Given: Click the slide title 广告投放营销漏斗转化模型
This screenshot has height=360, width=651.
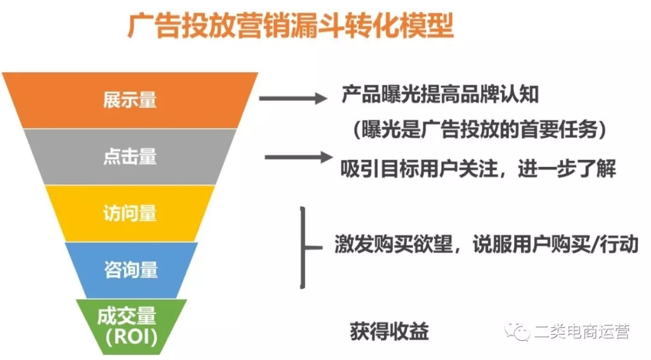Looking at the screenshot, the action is (x=290, y=26).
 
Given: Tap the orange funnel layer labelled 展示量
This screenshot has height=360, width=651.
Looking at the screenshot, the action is (x=130, y=100).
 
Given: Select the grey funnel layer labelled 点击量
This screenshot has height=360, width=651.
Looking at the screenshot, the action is (x=130, y=157).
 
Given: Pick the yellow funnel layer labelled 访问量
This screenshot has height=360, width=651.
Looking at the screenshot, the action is (x=130, y=213).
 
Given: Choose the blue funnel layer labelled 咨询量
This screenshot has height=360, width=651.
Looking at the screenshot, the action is (x=131, y=270).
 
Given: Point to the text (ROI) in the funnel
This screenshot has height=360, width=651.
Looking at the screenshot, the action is (x=131, y=336).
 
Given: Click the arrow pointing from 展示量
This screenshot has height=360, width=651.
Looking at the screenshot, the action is (x=293, y=98).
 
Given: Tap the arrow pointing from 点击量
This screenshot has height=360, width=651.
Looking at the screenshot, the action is (x=299, y=157).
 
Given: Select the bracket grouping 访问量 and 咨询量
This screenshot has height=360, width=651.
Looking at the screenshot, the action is (x=303, y=248).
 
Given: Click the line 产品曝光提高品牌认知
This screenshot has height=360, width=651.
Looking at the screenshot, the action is (x=440, y=95).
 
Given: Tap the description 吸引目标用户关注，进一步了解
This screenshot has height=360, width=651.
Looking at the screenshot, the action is (x=478, y=169).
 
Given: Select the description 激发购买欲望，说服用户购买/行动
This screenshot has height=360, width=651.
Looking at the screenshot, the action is (x=486, y=244).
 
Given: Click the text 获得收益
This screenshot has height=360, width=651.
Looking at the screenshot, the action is (x=389, y=331).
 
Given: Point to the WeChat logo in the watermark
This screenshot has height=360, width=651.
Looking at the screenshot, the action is (x=517, y=331).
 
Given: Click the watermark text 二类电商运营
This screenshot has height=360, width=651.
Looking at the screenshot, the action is (x=582, y=332).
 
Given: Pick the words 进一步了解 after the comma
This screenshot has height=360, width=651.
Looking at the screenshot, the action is (x=567, y=169).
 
